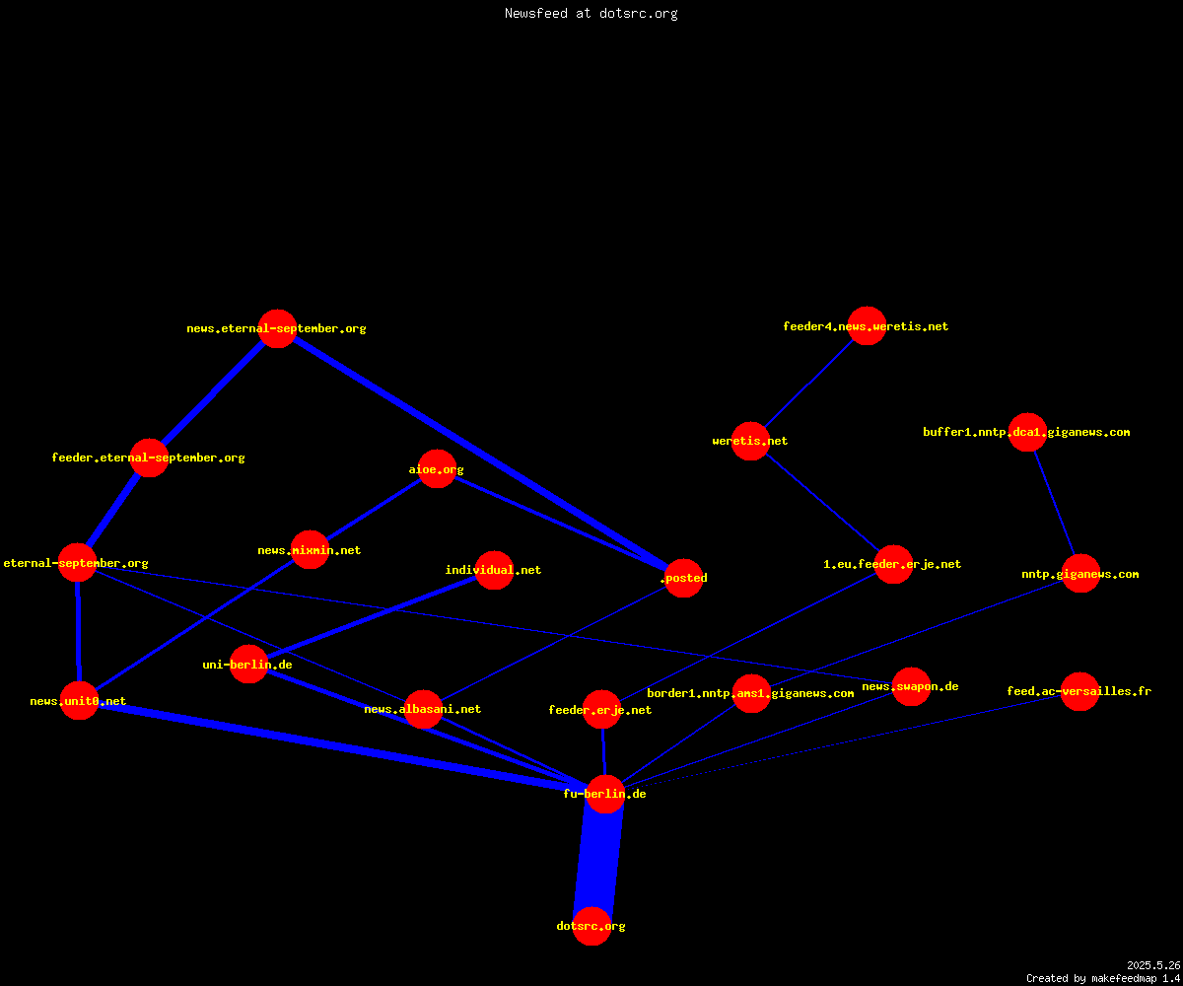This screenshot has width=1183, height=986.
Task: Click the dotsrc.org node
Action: (x=592, y=926)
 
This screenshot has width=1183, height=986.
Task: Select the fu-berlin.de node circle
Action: (x=605, y=794)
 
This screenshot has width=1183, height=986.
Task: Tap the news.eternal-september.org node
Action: (x=278, y=328)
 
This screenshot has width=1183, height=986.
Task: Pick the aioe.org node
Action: (x=437, y=469)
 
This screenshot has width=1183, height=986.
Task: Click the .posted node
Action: (x=684, y=578)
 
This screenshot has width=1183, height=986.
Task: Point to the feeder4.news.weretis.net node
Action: (x=867, y=325)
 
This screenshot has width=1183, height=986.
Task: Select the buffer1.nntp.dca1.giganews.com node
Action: (x=1028, y=433)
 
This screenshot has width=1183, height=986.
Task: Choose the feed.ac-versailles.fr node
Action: (x=1079, y=691)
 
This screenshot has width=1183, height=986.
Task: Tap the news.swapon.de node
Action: (x=911, y=687)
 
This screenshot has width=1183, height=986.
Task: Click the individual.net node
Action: (x=494, y=570)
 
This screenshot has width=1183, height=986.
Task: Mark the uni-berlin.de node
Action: (x=248, y=665)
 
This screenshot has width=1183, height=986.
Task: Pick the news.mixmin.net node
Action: (x=310, y=549)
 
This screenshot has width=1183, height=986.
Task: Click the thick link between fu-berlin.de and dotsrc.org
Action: (x=598, y=860)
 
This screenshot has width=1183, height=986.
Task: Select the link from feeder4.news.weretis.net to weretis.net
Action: (x=808, y=384)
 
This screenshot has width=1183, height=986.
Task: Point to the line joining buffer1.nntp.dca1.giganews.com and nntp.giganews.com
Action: (x=1055, y=503)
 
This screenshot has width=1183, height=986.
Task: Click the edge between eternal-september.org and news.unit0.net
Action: (x=78, y=632)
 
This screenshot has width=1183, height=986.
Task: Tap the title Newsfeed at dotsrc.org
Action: (x=591, y=13)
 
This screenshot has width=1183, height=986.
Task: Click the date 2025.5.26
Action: (x=1153, y=965)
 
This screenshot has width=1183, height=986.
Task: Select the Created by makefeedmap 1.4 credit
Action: (x=1103, y=979)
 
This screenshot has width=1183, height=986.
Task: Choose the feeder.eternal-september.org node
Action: (x=149, y=458)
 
